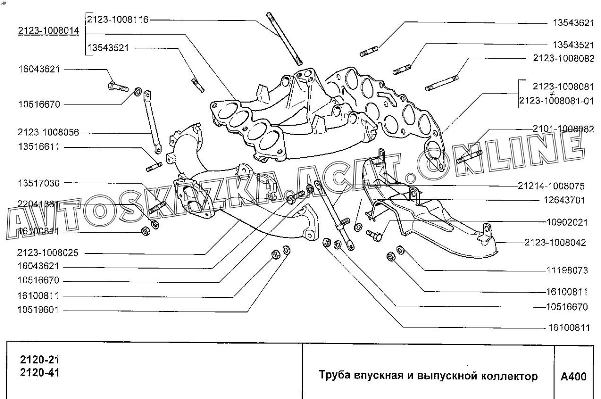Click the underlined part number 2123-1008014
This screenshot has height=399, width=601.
[x=48, y=31]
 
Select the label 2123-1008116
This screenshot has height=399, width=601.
[x=118, y=20]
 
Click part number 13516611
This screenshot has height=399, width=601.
[x=39, y=148]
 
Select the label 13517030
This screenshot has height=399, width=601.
[x=39, y=184]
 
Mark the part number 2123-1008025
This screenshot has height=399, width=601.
[x=47, y=253]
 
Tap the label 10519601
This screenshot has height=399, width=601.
[x=39, y=310]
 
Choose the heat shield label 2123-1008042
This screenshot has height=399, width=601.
[x=555, y=243]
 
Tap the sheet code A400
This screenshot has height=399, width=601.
[x=573, y=376]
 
